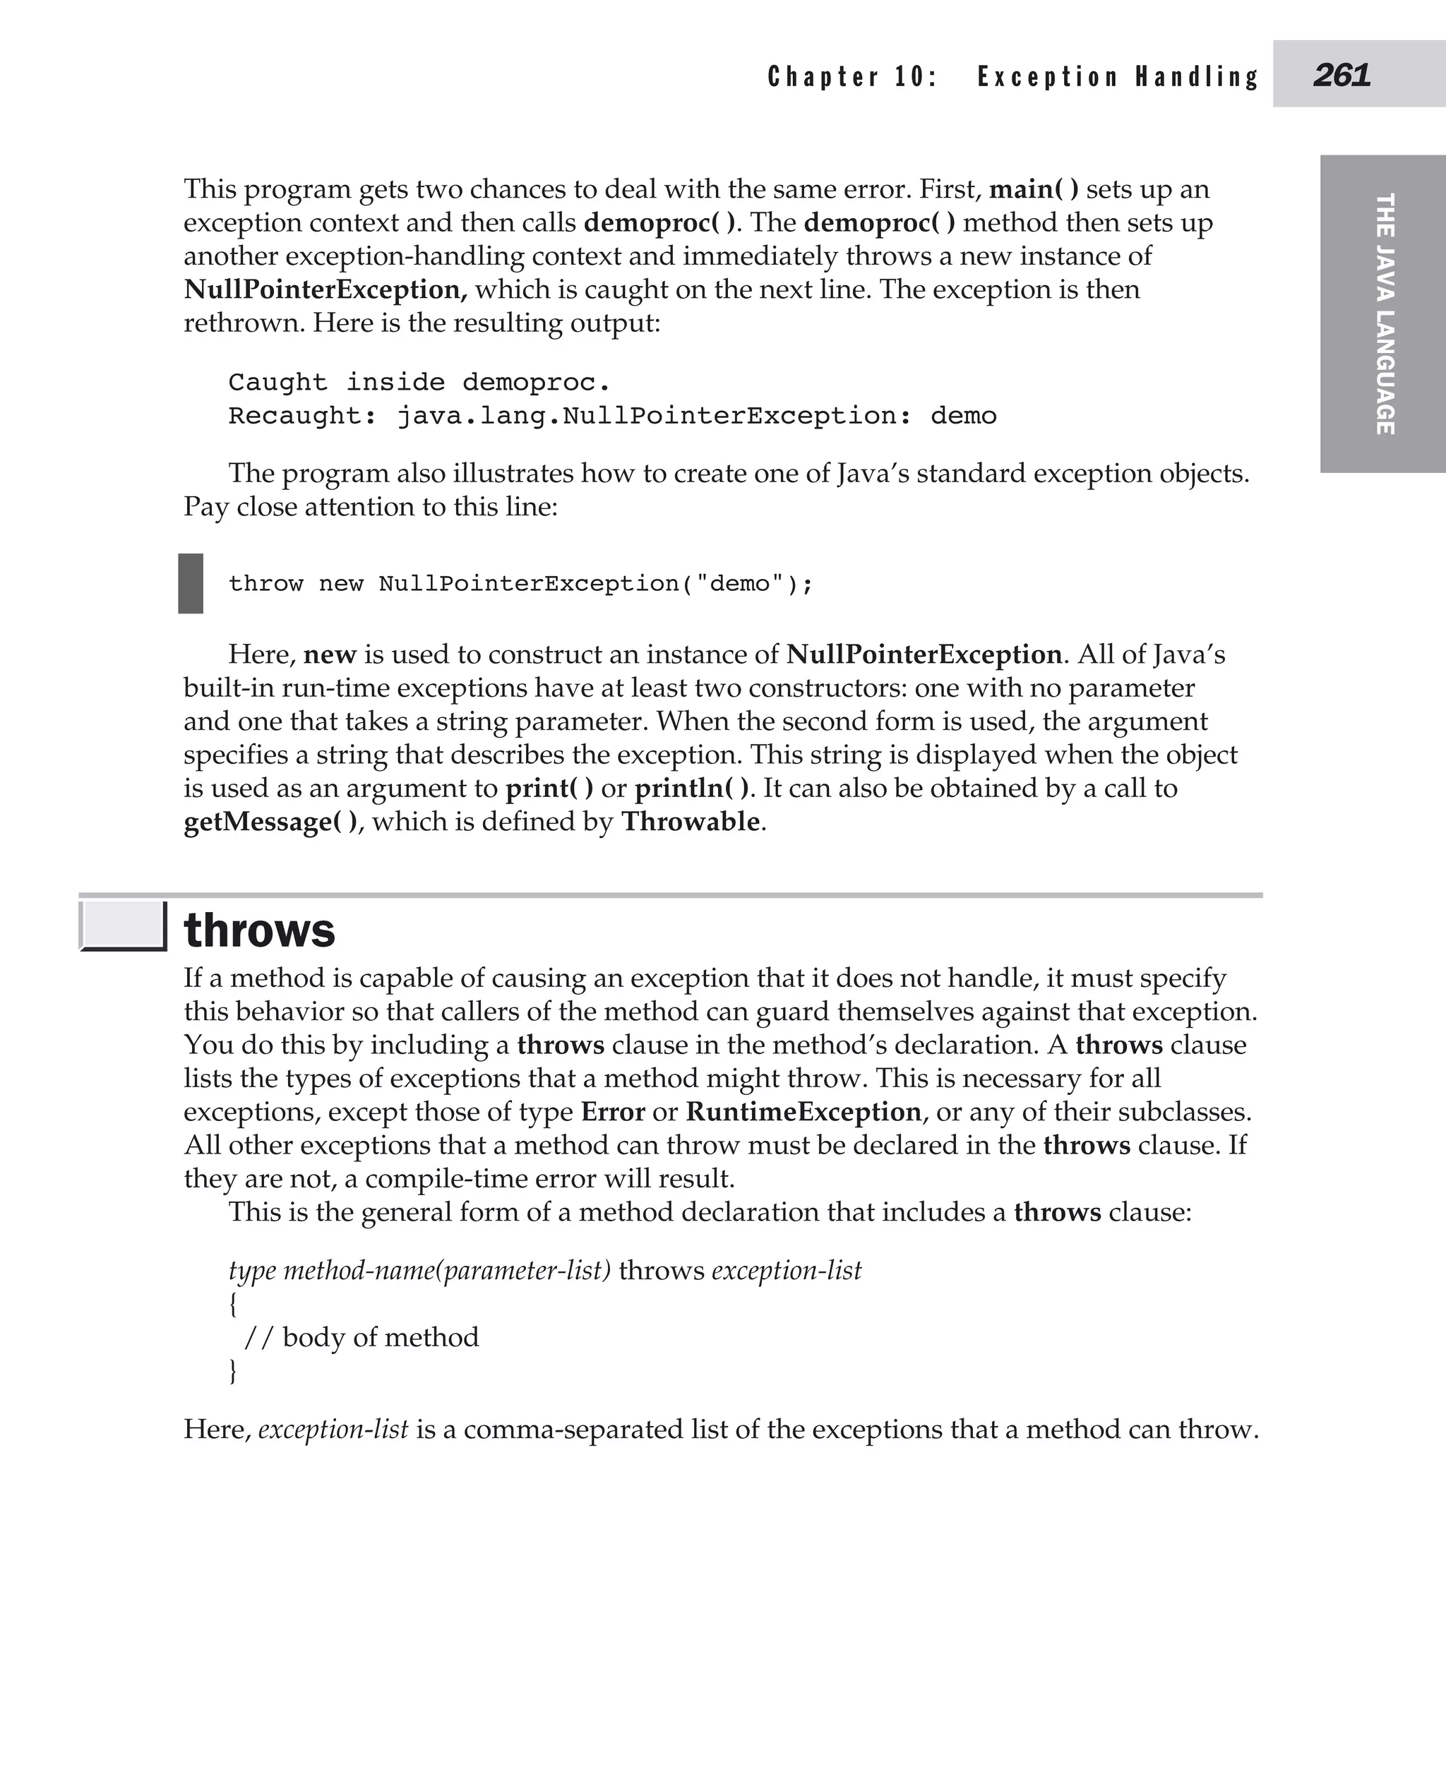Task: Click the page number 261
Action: [x=1341, y=76]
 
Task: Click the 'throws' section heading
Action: [x=259, y=930]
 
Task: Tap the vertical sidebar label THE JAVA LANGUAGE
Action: [x=1384, y=313]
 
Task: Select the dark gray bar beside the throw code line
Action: [x=191, y=583]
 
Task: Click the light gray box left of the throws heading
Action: [x=122, y=926]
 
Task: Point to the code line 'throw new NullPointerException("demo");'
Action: [x=520, y=584]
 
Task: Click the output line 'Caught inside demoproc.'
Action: [x=419, y=383]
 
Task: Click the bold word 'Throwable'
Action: [x=691, y=822]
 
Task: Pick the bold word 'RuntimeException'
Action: [x=803, y=1112]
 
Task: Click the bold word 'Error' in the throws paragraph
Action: [x=613, y=1112]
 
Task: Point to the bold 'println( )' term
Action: [x=691, y=789]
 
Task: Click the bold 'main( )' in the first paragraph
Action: [x=1033, y=190]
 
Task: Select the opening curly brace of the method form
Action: [x=233, y=1305]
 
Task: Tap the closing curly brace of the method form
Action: [x=233, y=1371]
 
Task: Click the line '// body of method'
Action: [x=361, y=1338]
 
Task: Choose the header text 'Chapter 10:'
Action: [x=852, y=77]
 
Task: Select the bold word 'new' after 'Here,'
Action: [x=329, y=654]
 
